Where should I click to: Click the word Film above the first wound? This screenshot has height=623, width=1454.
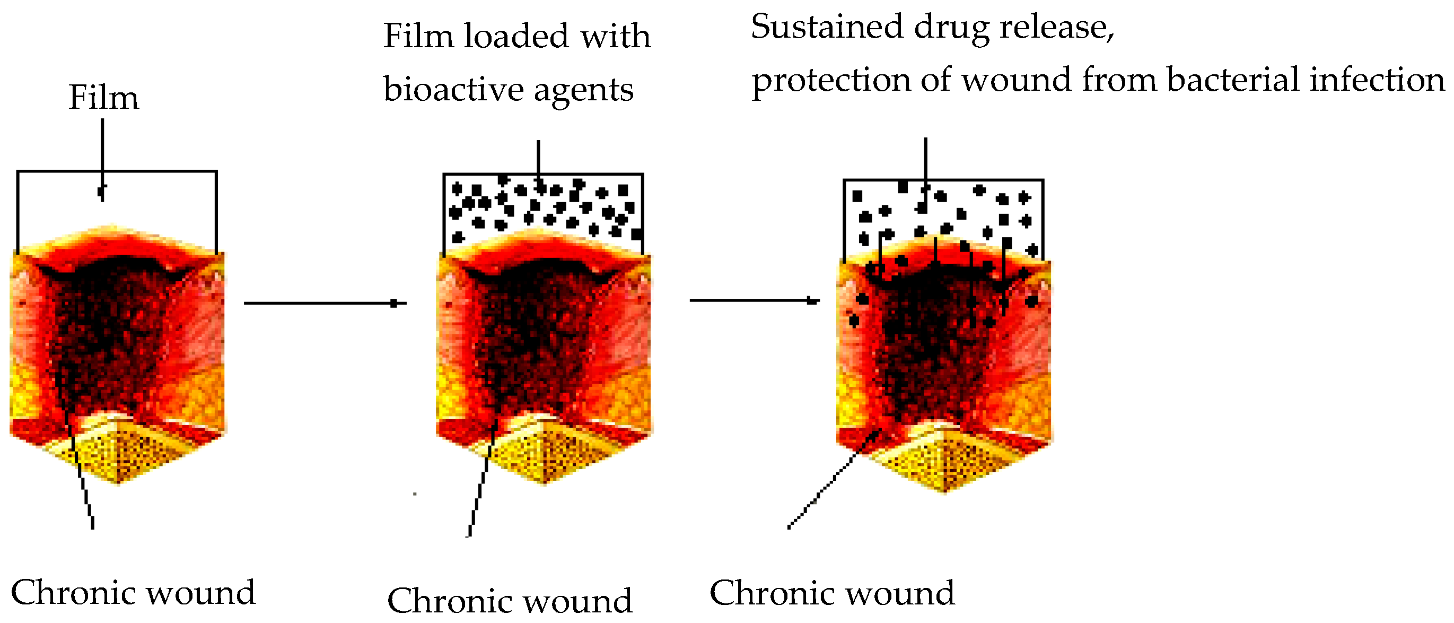[x=103, y=98]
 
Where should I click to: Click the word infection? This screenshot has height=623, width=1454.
[x=1377, y=80]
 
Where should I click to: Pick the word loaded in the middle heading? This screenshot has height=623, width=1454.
[x=516, y=36]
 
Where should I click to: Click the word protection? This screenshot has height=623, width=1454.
[x=831, y=81]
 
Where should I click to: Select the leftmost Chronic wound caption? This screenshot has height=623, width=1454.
[x=133, y=593]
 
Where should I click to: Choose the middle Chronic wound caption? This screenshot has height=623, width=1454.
[x=509, y=600]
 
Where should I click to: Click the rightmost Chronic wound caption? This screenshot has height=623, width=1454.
[x=832, y=593]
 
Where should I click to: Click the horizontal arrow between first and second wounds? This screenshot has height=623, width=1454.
[x=325, y=304]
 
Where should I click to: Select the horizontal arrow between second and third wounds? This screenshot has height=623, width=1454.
[x=754, y=300]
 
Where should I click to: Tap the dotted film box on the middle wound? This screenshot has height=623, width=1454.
[x=543, y=206]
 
